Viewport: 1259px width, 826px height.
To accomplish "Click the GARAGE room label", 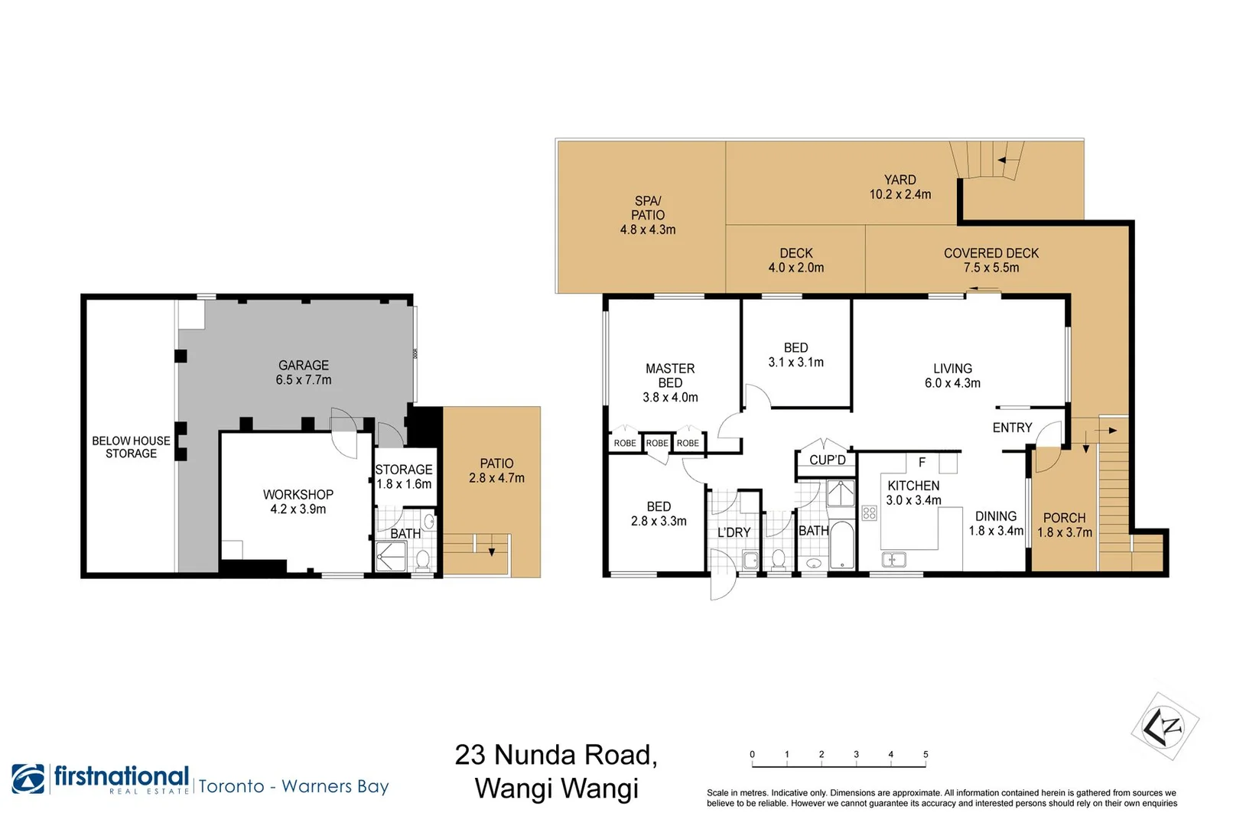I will pyautogui.click(x=304, y=366).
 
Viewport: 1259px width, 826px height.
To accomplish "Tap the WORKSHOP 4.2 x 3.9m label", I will pyautogui.click(x=298, y=502).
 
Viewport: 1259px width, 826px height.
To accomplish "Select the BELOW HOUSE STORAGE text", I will pyautogui.click(x=131, y=447).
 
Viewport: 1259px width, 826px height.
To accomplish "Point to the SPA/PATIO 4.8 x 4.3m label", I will pyautogui.click(x=648, y=215).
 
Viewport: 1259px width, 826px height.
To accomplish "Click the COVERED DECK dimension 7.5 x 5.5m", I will pyautogui.click(x=991, y=268).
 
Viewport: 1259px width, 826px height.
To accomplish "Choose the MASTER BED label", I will pyautogui.click(x=670, y=376).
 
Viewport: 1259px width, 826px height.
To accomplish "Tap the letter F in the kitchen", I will pyautogui.click(x=922, y=462).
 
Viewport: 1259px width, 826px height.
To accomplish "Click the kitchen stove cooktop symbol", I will pyautogui.click(x=869, y=512).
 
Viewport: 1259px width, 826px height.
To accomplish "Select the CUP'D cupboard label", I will pyautogui.click(x=827, y=460).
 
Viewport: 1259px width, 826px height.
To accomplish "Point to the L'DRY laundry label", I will pyautogui.click(x=734, y=532).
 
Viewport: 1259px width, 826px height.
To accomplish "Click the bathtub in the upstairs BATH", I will pyautogui.click(x=841, y=545).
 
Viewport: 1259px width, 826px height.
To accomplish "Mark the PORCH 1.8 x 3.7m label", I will pyautogui.click(x=1064, y=525).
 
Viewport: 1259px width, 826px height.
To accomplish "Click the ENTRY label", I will pyautogui.click(x=1012, y=428).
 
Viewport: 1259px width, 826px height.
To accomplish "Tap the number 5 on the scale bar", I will pyautogui.click(x=926, y=754).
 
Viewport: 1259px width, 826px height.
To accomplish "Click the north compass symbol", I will pyautogui.click(x=1164, y=726).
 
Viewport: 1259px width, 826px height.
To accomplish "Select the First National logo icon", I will pyautogui.click(x=28, y=779).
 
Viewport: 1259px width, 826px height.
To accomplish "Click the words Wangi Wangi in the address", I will pyautogui.click(x=556, y=788).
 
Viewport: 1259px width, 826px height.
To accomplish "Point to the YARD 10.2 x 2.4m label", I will pyautogui.click(x=900, y=187).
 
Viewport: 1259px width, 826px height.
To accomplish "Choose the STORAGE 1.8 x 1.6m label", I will pyautogui.click(x=404, y=476).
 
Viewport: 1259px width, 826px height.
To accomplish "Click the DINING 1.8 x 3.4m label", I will pyautogui.click(x=995, y=523).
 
